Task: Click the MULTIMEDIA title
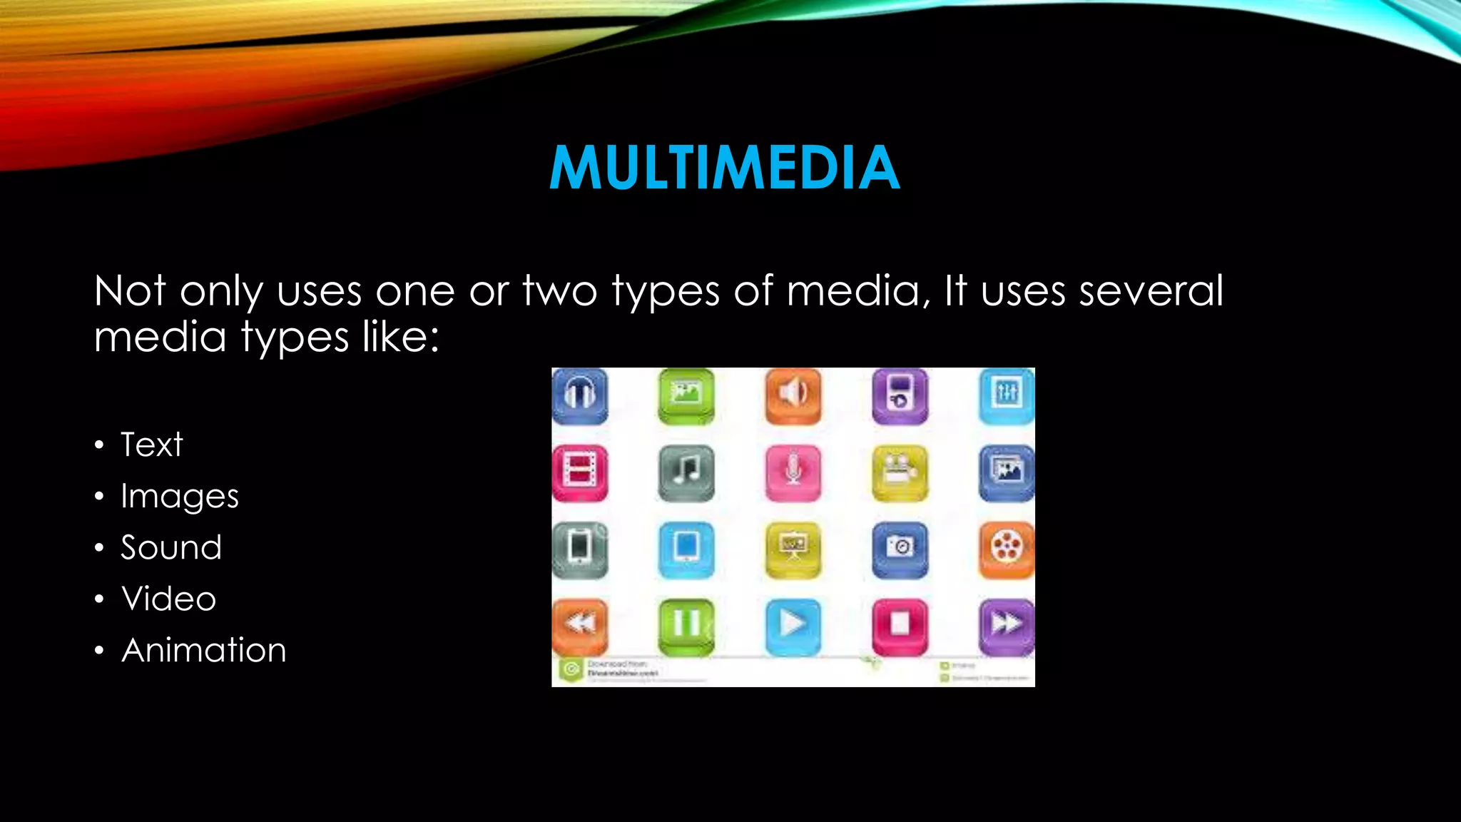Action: click(724, 168)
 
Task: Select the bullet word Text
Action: click(151, 445)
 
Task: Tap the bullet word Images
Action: click(179, 497)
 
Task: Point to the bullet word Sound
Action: click(171, 548)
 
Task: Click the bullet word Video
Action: click(169, 599)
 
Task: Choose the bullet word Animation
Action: click(204, 650)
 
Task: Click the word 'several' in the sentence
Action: click(1151, 291)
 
